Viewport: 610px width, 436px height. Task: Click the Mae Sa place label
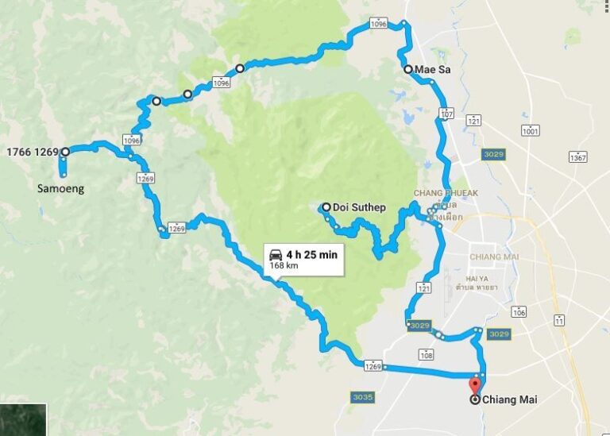click(x=433, y=70)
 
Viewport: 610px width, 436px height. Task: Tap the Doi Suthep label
click(x=359, y=208)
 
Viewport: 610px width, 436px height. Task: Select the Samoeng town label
click(x=60, y=189)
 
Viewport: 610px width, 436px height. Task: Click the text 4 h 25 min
click(x=312, y=254)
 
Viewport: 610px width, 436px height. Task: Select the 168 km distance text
click(x=283, y=266)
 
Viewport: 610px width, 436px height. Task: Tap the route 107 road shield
click(x=446, y=115)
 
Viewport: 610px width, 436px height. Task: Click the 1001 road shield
click(x=531, y=130)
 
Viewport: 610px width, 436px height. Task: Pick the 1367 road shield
click(x=577, y=158)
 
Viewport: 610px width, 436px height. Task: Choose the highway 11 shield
click(x=560, y=320)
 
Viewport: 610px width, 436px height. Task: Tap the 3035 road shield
click(x=361, y=395)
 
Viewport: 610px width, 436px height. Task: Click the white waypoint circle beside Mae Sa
click(x=408, y=70)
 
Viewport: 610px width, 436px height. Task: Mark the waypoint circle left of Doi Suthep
click(x=326, y=207)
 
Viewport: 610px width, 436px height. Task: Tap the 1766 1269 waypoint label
click(x=33, y=152)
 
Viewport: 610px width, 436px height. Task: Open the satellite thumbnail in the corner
click(x=23, y=420)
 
